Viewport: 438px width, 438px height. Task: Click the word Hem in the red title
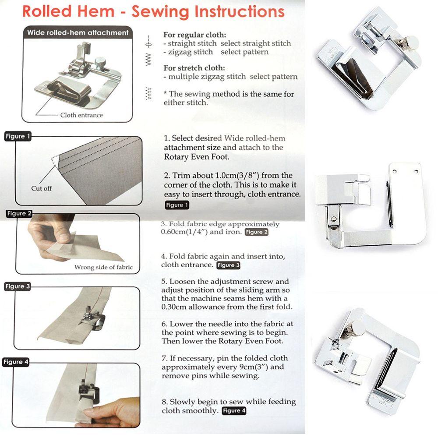click(x=96, y=12)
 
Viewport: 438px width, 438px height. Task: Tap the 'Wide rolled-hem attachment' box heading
click(x=78, y=33)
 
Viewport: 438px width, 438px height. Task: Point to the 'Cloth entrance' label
click(x=81, y=115)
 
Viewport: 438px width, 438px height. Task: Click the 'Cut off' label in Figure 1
click(x=41, y=188)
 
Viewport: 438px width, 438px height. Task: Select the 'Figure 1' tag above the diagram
click(x=18, y=136)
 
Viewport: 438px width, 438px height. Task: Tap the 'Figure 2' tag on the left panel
click(x=19, y=213)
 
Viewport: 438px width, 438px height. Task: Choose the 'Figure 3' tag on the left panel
click(x=18, y=286)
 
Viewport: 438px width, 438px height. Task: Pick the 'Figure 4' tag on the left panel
click(x=16, y=362)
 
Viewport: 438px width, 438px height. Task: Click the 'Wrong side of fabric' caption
click(x=103, y=267)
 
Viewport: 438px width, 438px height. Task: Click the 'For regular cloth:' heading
click(x=195, y=35)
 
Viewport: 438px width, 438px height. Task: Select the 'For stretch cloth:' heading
click(x=194, y=68)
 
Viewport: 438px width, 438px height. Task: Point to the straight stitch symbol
click(x=148, y=42)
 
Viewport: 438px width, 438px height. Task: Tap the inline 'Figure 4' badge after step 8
click(x=234, y=411)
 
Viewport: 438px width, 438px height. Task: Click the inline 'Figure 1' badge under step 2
click(x=177, y=205)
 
